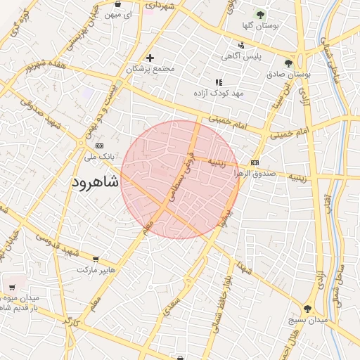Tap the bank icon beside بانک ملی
[x=98, y=145]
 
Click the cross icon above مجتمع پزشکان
[x=149, y=58]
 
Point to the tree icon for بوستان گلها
[x=260, y=14]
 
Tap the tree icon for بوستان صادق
[x=288, y=63]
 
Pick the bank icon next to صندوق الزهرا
[x=254, y=162]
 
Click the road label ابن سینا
[x=285, y=98]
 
